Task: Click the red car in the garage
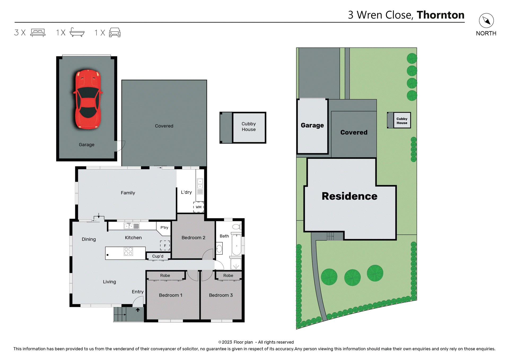[x=88, y=99]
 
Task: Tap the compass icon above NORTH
[x=486, y=21]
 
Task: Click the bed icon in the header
[x=38, y=32]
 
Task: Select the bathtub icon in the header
[x=77, y=32]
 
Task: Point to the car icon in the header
[x=115, y=32]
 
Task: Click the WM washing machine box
[x=199, y=207]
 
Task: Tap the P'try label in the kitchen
[x=164, y=227]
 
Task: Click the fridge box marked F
[x=165, y=245]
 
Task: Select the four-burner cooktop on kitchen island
[x=128, y=251]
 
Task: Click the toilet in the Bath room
[x=236, y=227]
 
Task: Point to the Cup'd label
[x=158, y=256]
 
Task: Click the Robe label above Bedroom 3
[x=228, y=275]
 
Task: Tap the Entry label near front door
[x=138, y=292]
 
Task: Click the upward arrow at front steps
[x=138, y=310]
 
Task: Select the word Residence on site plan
[x=349, y=196]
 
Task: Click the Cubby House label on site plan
[x=402, y=121]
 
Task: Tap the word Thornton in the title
[x=440, y=15]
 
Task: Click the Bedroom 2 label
[x=193, y=238]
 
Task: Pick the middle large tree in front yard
[x=352, y=277]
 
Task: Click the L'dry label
[x=186, y=192]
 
